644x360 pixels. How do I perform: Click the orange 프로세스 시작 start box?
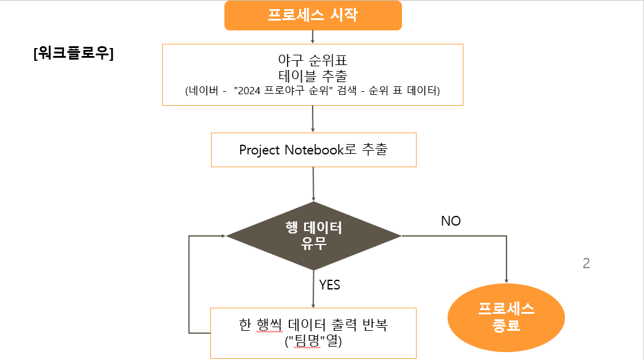(313, 15)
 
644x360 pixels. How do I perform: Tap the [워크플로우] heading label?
(74, 53)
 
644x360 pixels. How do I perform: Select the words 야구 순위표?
(312, 61)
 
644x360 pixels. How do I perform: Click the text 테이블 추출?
(312, 75)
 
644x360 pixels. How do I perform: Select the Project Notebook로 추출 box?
(313, 150)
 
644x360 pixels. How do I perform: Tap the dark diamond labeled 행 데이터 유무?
(313, 236)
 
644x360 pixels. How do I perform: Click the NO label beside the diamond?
(451, 221)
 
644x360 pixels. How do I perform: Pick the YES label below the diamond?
(330, 285)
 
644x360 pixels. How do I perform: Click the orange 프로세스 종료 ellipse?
(506, 317)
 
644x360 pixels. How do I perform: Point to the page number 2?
(586, 263)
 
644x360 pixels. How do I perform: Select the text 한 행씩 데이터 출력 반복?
(313, 325)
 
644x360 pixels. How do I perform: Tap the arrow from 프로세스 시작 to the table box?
(313, 36)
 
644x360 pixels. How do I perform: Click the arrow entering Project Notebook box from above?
(313, 119)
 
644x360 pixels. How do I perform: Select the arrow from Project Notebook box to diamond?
(313, 184)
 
